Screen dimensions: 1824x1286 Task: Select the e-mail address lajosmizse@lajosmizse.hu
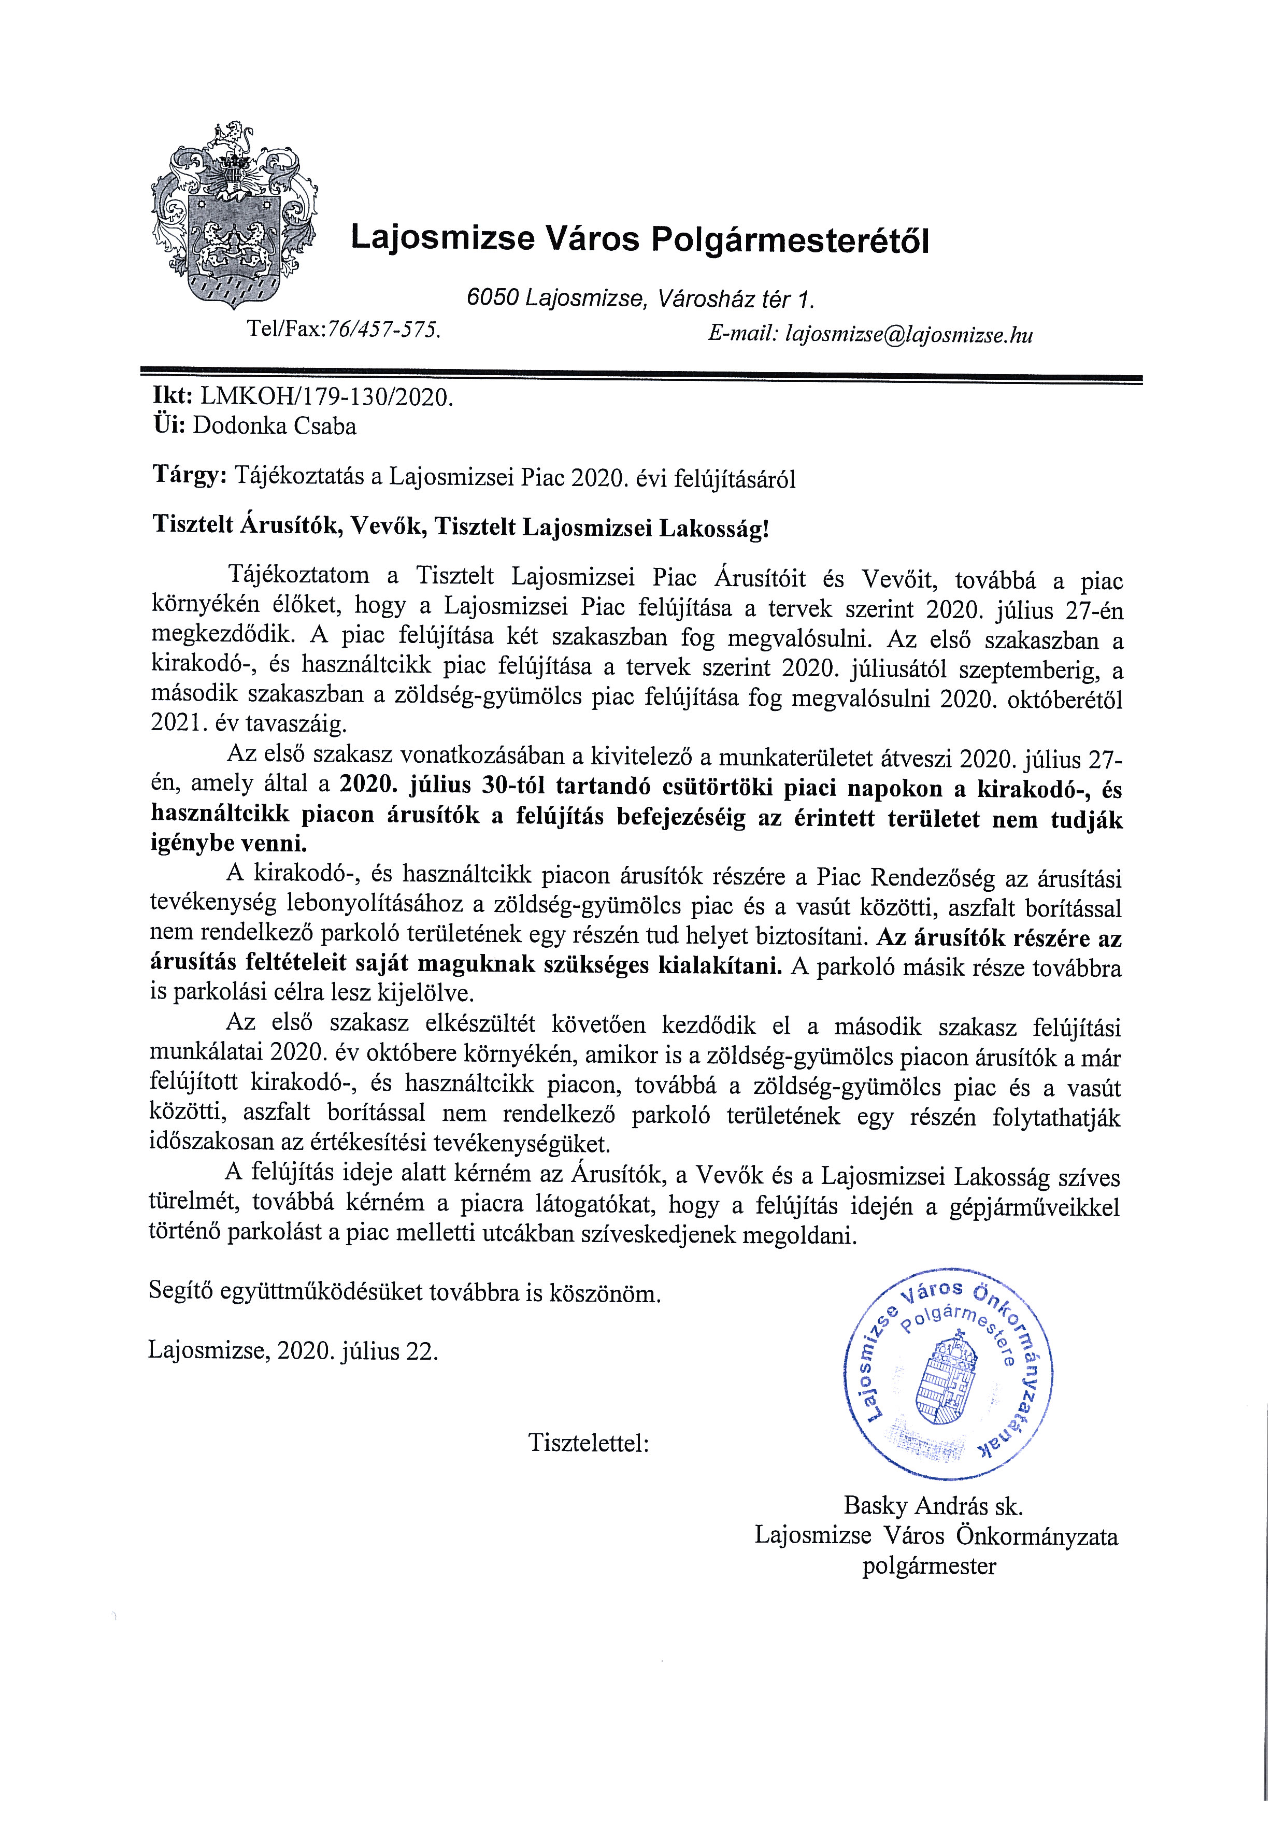909,334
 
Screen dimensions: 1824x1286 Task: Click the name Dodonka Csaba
274,426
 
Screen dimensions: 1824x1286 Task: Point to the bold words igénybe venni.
229,845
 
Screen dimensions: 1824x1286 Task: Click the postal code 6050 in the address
492,298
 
